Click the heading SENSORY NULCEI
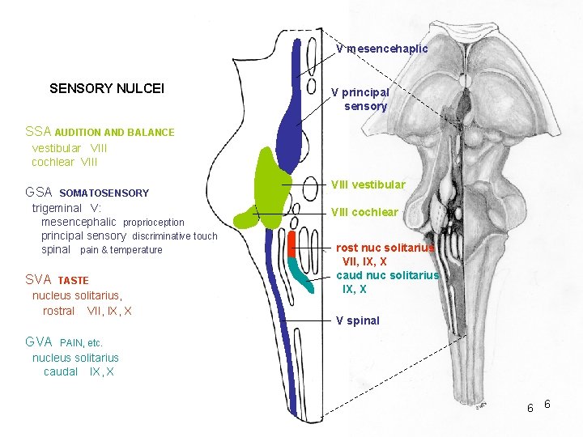point(107,88)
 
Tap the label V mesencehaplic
point(382,49)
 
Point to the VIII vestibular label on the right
point(368,185)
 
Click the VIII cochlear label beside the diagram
point(364,212)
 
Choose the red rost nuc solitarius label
point(385,248)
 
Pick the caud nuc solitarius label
point(387,275)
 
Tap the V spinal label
point(358,320)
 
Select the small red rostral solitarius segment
point(291,244)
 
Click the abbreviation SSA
point(38,131)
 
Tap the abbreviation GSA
point(39,193)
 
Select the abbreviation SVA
point(38,279)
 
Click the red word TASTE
point(74,281)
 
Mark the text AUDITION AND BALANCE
point(114,132)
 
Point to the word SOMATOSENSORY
point(104,193)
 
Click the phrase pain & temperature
point(121,250)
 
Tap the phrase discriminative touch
point(175,236)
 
